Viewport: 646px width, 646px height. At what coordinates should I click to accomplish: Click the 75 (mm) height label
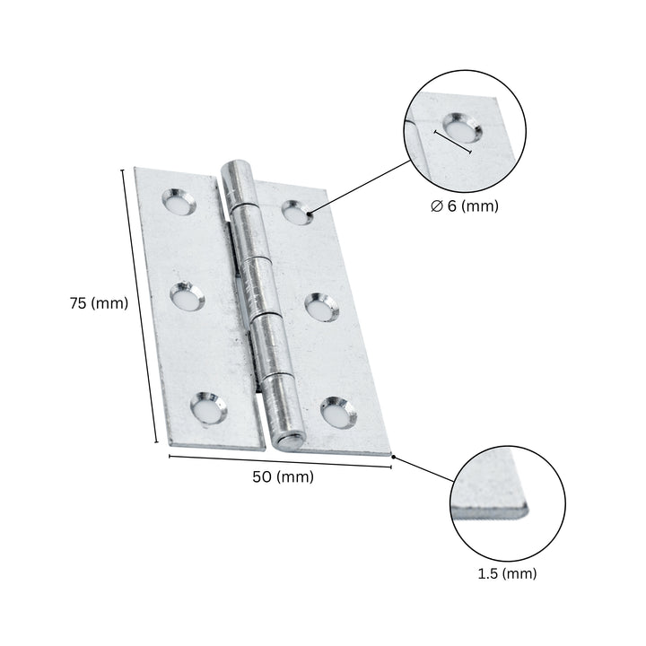pos(99,303)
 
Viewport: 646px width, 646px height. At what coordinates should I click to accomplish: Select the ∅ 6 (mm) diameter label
pos(464,206)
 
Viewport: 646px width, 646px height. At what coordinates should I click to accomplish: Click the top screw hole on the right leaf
pos(296,212)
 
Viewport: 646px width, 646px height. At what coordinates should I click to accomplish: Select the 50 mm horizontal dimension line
pos(281,461)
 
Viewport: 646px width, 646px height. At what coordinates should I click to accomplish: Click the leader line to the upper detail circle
pos(359,188)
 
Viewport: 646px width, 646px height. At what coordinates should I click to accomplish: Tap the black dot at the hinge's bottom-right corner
pos(393,457)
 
